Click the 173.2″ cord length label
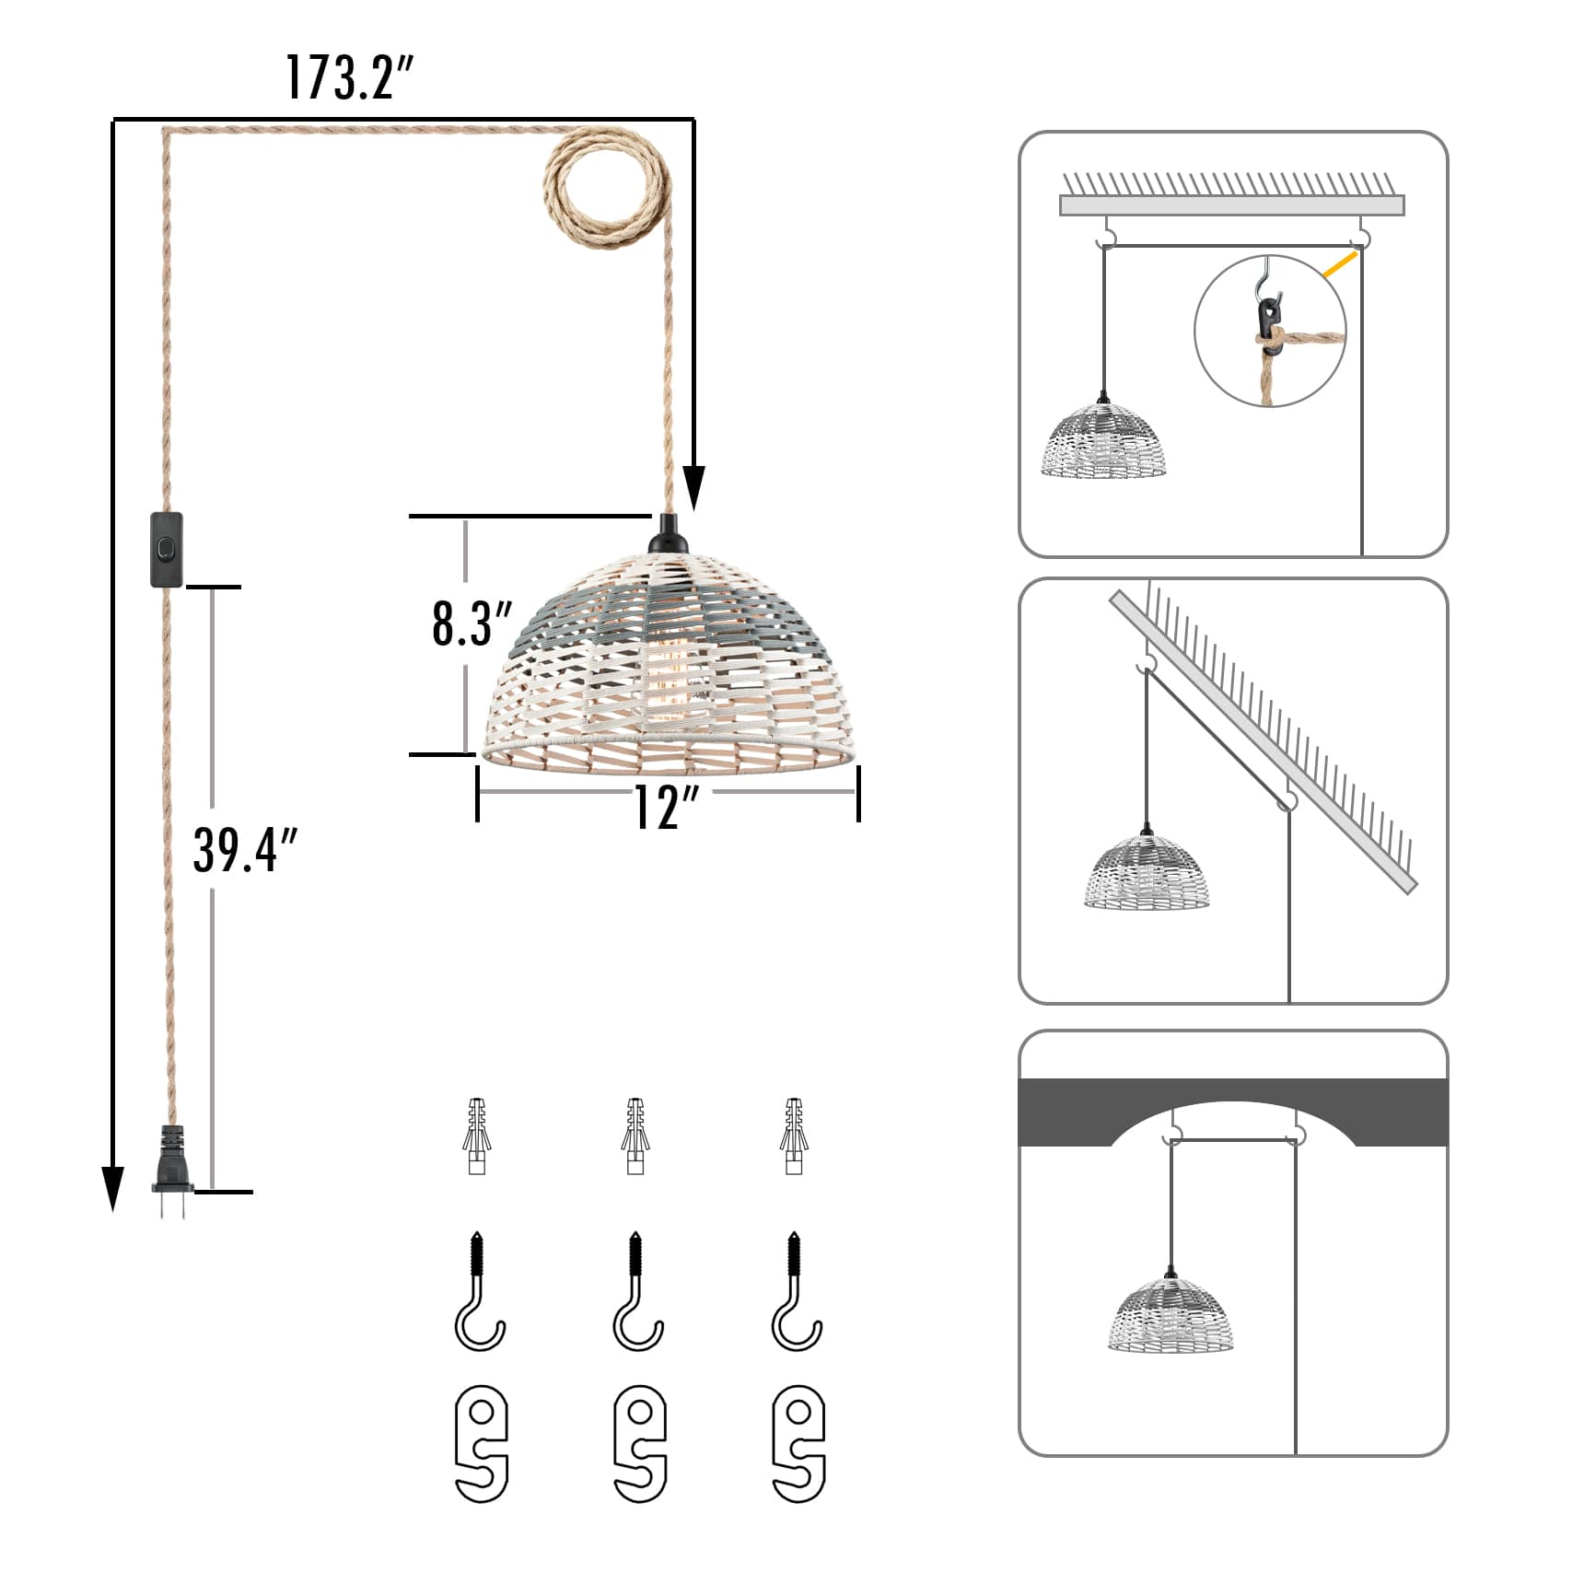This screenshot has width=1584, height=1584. tap(349, 77)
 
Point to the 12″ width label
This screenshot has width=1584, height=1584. tap(667, 808)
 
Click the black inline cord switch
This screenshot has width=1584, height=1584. tap(167, 550)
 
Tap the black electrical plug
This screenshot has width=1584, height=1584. tap(172, 1171)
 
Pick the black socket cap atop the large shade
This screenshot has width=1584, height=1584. tap(668, 535)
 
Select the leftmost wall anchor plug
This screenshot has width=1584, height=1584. tap(476, 1136)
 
